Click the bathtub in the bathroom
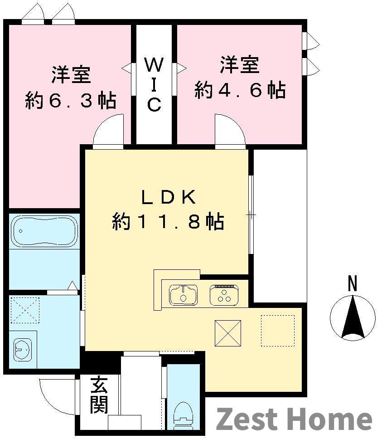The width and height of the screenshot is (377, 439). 44,231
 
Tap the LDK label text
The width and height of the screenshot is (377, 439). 168,198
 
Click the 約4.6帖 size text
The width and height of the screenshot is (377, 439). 240,90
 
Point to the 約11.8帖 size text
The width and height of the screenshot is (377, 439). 168,222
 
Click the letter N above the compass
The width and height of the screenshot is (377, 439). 353,284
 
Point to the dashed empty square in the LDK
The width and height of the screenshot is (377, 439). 277,330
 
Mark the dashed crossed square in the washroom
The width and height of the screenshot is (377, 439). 24,310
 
